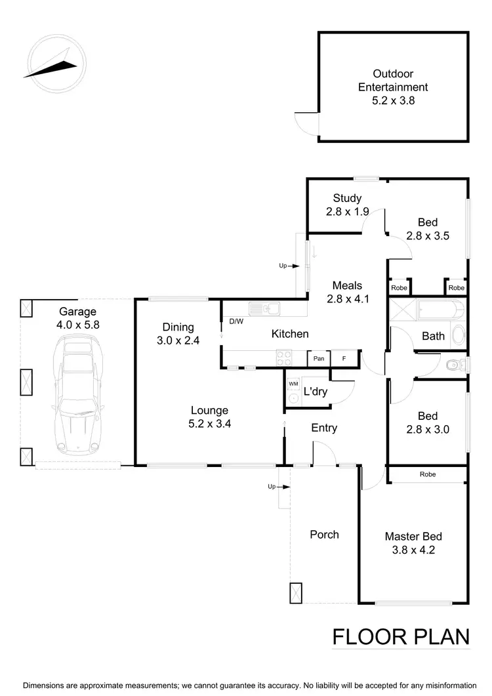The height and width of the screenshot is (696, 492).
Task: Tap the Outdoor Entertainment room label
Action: (392, 87)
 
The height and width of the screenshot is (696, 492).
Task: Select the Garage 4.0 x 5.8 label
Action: (77, 318)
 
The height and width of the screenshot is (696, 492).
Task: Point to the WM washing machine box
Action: (292, 382)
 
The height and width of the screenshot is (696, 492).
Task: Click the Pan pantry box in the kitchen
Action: (319, 358)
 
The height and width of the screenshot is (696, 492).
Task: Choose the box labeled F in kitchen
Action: (343, 358)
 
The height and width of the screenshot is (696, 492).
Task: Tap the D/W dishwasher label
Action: (236, 321)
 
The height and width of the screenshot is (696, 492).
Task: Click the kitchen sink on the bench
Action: (264, 308)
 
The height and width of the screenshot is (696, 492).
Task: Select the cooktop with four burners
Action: (285, 358)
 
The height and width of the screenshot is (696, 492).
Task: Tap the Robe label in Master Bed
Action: (426, 474)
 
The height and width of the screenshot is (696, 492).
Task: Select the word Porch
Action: (324, 535)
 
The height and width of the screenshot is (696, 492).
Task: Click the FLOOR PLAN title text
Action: (401, 637)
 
